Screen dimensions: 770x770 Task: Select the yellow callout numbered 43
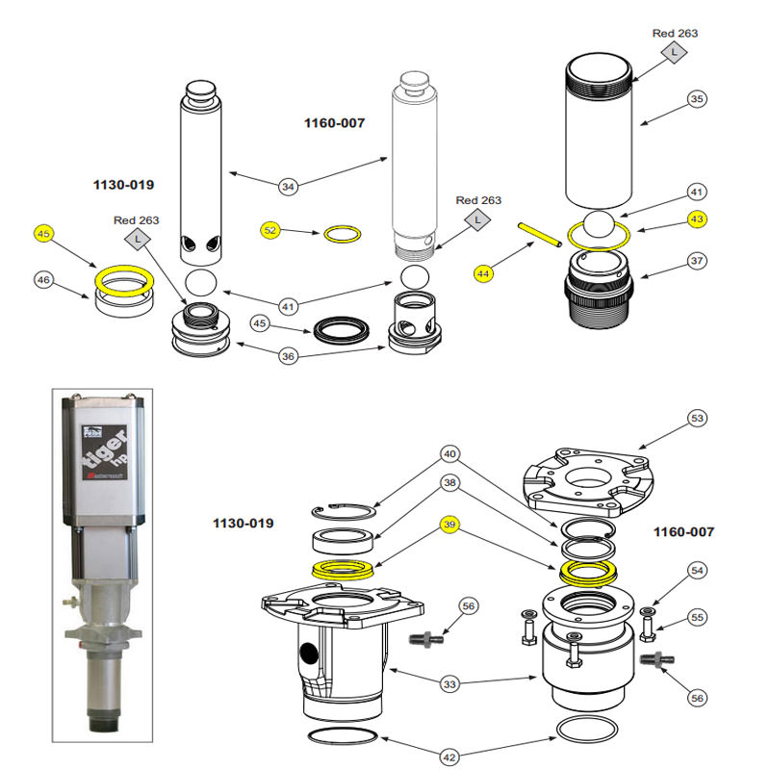[x=697, y=219]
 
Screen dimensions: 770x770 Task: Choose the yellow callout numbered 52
[x=270, y=230]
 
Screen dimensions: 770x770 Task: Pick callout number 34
[x=288, y=185]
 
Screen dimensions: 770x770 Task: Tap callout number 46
[x=42, y=280]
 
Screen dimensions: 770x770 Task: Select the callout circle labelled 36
[x=288, y=356]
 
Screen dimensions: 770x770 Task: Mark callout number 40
[x=449, y=453]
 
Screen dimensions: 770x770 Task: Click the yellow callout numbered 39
[x=449, y=525]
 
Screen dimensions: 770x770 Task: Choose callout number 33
[x=449, y=684]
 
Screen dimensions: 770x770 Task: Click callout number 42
[x=449, y=755]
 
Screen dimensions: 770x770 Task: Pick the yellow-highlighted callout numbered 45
[x=42, y=234]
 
